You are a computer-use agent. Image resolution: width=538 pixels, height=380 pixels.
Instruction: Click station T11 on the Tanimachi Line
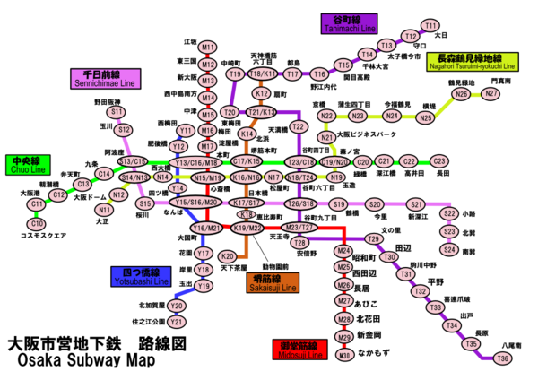pos(430,25)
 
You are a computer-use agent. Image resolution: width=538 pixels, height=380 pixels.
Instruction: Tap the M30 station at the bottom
pos(344,356)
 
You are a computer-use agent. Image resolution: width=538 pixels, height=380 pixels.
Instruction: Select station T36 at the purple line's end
pos(502,358)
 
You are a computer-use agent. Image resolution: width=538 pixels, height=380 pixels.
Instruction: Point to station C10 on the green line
pos(37,224)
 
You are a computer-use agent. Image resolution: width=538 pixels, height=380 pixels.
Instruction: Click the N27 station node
pos(490,93)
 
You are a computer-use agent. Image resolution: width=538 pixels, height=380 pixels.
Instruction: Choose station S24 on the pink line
pos(449,249)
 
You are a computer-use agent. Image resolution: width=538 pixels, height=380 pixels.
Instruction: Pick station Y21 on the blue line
pos(177,321)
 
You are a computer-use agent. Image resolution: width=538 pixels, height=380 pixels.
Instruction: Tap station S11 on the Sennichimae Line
pos(117,112)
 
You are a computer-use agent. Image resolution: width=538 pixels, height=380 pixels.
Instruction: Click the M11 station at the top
pos(208,47)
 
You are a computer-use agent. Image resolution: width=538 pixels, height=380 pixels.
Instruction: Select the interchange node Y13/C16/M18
pos(196,162)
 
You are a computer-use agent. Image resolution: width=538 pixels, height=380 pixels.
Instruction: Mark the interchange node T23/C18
pos(299,162)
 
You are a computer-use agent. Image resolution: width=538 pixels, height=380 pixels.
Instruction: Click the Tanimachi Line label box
pos(349,23)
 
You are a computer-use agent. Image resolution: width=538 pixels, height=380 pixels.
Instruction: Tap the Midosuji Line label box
pos(298,350)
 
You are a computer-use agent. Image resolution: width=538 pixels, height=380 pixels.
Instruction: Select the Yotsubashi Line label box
pos(141,276)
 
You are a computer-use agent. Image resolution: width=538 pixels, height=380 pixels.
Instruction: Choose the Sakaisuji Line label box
pos(273,282)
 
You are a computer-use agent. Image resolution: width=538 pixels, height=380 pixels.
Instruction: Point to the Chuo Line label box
pos(28,164)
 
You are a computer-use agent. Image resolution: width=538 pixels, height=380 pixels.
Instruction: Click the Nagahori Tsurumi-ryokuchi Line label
pos(472,61)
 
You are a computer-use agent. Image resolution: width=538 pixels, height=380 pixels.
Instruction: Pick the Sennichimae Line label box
pos(105,78)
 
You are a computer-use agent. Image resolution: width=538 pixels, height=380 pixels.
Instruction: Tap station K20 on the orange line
pos(228,256)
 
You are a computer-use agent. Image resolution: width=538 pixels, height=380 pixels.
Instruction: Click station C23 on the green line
pos(439,161)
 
